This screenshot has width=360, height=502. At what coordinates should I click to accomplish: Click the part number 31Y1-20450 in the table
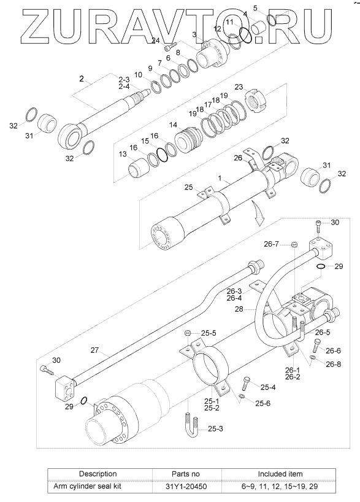(x=186, y=487)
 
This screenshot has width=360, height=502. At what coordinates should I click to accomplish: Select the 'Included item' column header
(x=280, y=474)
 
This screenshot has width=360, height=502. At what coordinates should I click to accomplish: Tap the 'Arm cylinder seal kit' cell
(x=87, y=487)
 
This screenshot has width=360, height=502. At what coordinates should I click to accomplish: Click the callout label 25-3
(x=215, y=429)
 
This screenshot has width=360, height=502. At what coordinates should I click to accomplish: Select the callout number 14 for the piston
(x=173, y=125)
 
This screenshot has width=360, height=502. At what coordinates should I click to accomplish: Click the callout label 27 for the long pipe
(x=94, y=350)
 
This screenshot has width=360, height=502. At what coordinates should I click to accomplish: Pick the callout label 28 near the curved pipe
(x=239, y=309)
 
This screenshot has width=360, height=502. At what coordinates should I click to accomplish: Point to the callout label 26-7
(x=271, y=244)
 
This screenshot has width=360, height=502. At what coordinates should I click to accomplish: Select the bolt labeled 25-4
(x=246, y=383)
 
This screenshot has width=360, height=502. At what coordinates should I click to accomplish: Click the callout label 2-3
(x=124, y=80)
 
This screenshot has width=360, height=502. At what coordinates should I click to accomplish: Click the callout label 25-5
(x=209, y=333)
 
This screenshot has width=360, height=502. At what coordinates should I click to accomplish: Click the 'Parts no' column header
(x=186, y=474)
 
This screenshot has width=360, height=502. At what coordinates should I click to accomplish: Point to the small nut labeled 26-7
(x=295, y=245)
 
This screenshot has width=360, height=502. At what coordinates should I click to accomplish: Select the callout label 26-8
(x=334, y=364)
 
